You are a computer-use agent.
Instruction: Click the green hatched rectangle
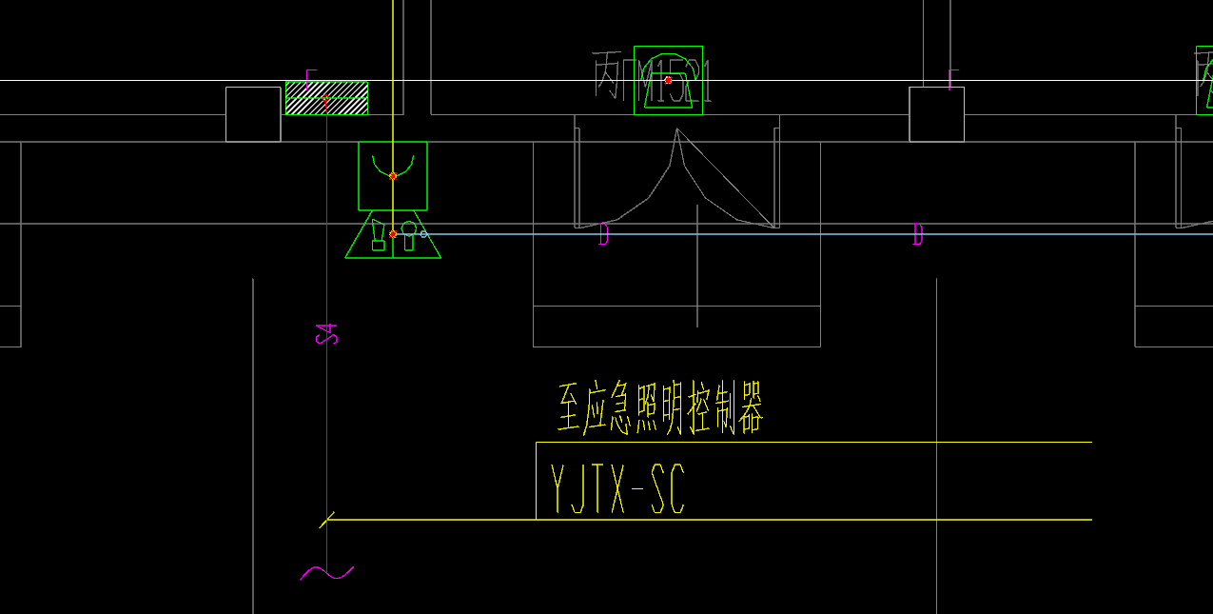tap(326, 98)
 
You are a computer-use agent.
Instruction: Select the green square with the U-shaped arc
tap(392, 175)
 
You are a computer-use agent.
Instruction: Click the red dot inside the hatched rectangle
tap(325, 98)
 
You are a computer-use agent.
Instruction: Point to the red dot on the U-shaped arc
tap(393, 176)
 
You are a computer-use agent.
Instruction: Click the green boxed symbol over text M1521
tap(668, 80)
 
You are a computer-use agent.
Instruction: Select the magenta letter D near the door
tap(603, 234)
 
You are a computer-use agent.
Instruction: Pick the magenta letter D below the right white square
tap(917, 234)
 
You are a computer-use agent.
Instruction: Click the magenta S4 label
tap(326, 334)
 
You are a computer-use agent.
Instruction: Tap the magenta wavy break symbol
tap(326, 573)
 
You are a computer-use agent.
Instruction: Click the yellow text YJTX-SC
tap(617, 489)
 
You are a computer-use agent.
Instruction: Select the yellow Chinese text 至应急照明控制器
tap(660, 409)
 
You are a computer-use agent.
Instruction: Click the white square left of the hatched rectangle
tap(253, 114)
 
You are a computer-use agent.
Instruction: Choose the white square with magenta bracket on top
tap(936, 114)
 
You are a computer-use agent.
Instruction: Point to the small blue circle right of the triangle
tap(423, 234)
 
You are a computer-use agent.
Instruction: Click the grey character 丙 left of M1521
tap(608, 76)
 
